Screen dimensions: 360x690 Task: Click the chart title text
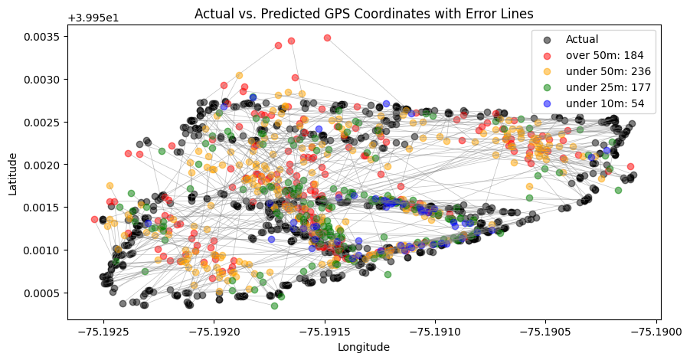pyautogui.click(x=364, y=13)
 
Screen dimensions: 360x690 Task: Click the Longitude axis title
pyautogui.click(x=364, y=347)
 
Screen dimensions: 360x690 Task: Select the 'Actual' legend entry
pyautogui.click(x=582, y=39)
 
